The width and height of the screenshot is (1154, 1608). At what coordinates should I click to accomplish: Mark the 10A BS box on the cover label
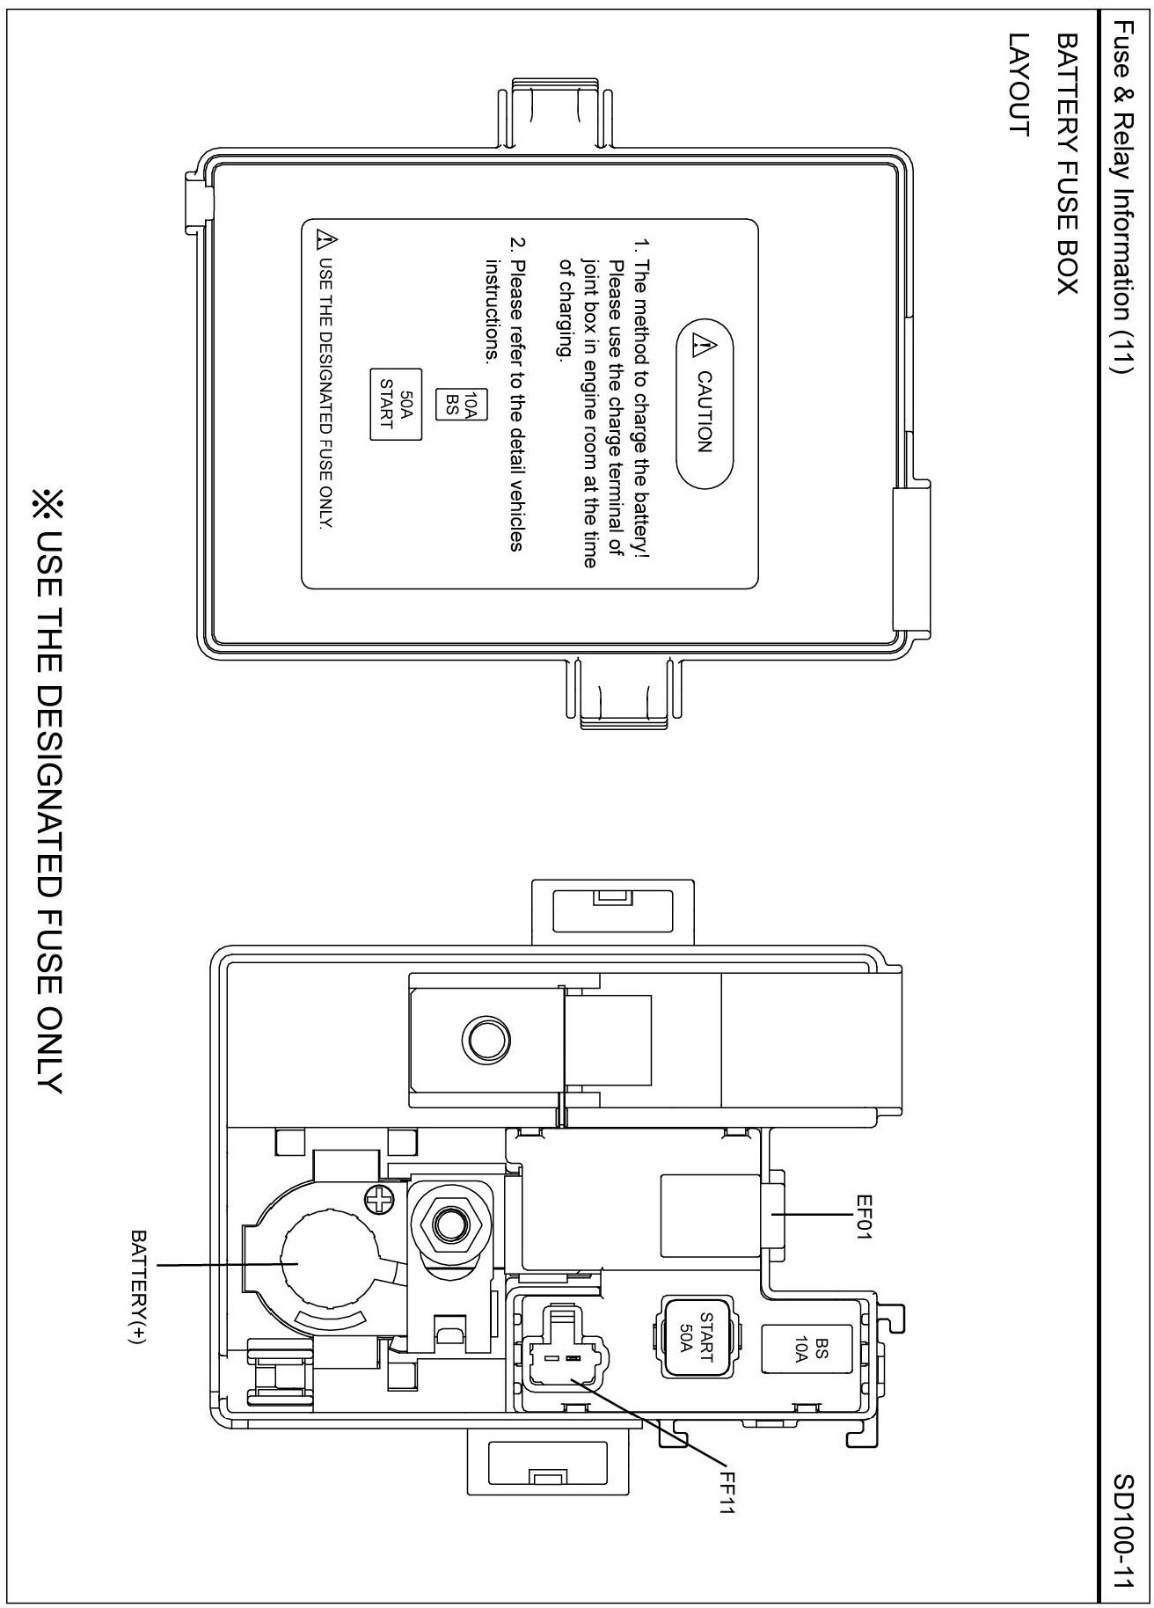pos(463,404)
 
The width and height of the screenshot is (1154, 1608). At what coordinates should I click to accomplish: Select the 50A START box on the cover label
pos(396,404)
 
